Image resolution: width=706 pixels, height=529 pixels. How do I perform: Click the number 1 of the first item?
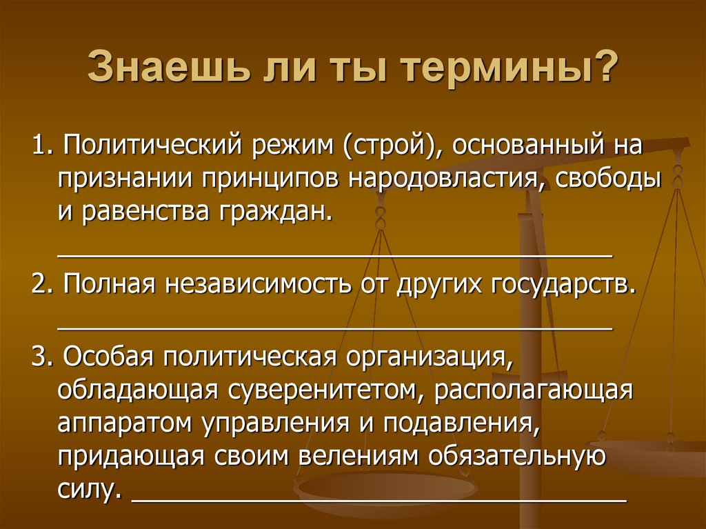click(39, 147)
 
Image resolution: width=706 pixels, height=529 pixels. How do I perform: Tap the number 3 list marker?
click(39, 359)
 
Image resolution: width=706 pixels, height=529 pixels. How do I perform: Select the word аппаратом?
click(123, 423)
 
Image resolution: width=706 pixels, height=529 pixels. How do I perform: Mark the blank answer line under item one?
click(335, 254)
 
